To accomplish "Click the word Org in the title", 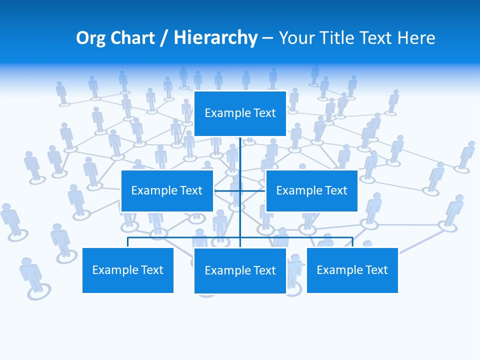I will [x=90, y=38].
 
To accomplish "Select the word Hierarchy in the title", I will [x=215, y=38].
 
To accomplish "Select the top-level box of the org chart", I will [x=240, y=113].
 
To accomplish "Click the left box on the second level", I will [x=167, y=190].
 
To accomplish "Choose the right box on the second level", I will [x=311, y=190].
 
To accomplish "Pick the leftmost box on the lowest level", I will [x=127, y=270].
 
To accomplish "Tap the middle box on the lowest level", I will [x=240, y=270].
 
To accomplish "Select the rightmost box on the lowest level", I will [x=352, y=270].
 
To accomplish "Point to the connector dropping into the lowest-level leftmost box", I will [x=128, y=242].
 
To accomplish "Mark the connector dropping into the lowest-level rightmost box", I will [x=352, y=242].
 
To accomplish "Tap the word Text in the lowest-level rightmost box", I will [x=376, y=270].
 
